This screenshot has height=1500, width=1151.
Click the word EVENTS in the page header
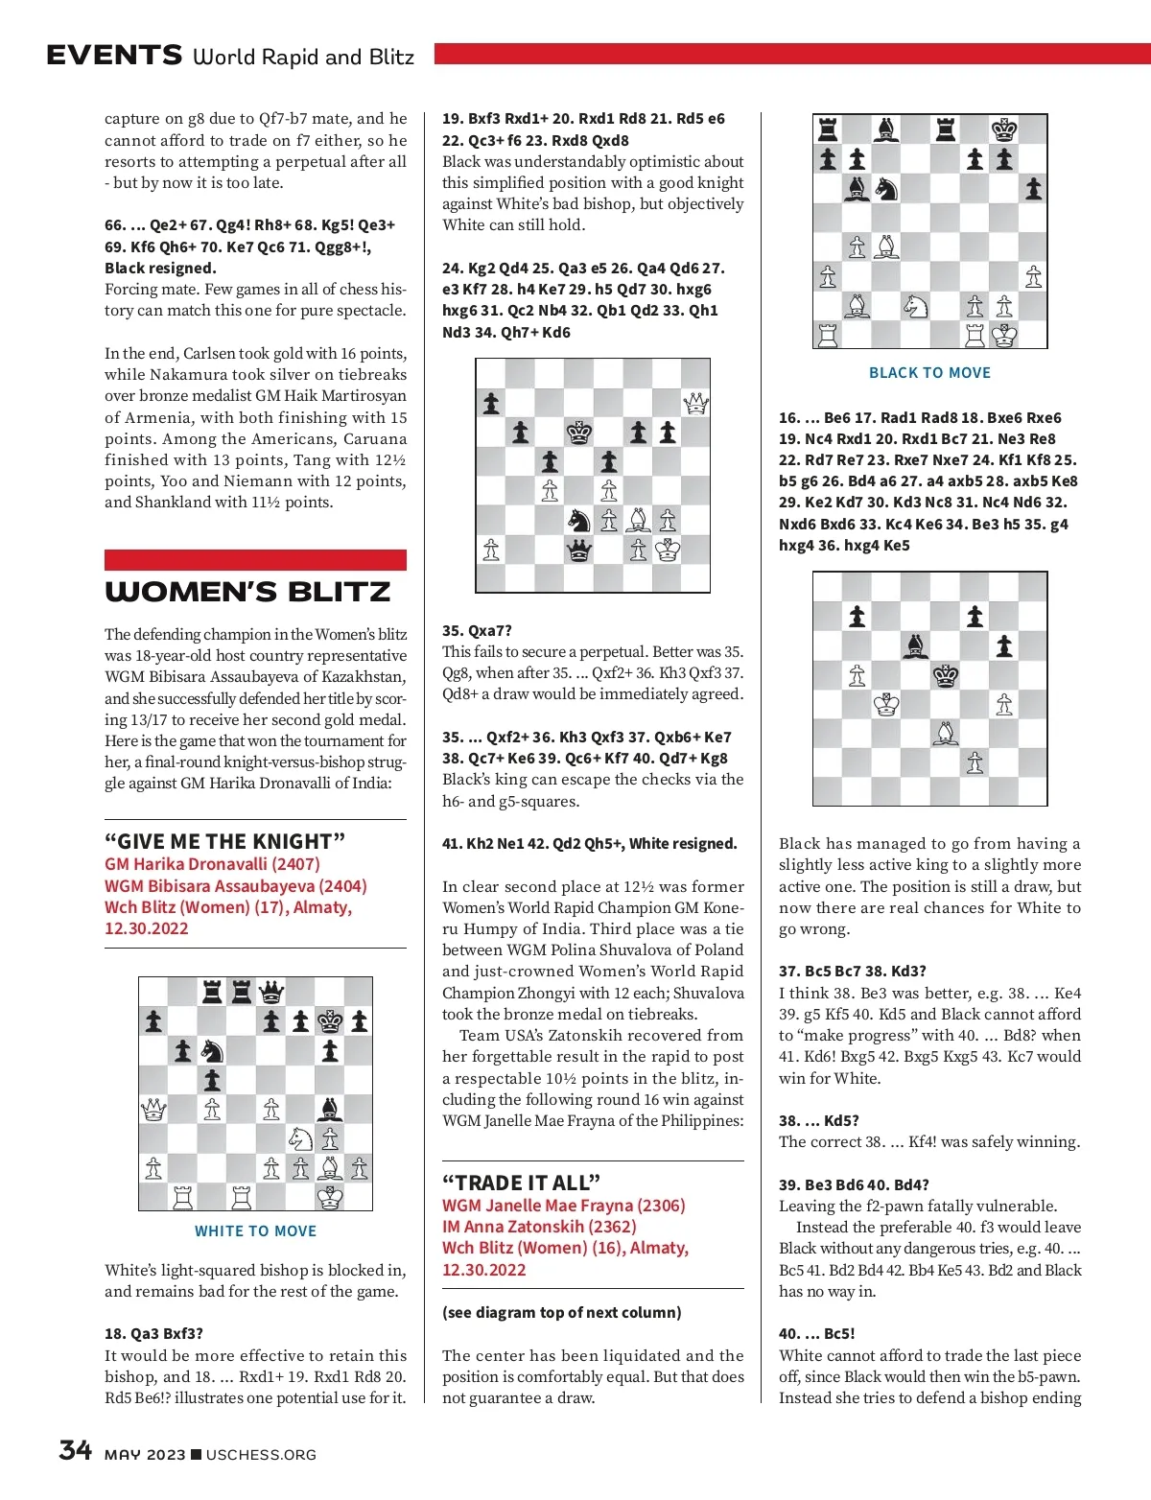click(114, 56)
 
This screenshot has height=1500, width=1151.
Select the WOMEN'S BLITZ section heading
click(247, 592)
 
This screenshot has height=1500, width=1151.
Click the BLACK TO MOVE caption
click(929, 373)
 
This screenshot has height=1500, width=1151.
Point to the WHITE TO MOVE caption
click(255, 1231)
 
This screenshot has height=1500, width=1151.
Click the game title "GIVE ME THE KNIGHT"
click(224, 841)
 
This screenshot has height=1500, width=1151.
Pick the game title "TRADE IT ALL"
click(521, 1183)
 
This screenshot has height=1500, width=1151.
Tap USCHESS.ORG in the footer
click(261, 1455)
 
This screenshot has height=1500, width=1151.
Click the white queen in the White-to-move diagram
click(153, 1110)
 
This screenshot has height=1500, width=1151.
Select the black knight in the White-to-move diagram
click(212, 1051)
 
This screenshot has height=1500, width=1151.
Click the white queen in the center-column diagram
click(695, 404)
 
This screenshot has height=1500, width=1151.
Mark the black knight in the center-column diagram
click(579, 521)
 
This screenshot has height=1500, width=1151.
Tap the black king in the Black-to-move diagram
click(1004, 129)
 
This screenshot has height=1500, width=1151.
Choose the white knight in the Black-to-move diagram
click(916, 306)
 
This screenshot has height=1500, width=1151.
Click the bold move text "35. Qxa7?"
click(477, 631)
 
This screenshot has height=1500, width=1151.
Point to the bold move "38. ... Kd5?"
click(818, 1120)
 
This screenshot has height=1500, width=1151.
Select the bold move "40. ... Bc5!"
click(816, 1334)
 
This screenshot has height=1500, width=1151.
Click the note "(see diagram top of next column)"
click(561, 1312)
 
